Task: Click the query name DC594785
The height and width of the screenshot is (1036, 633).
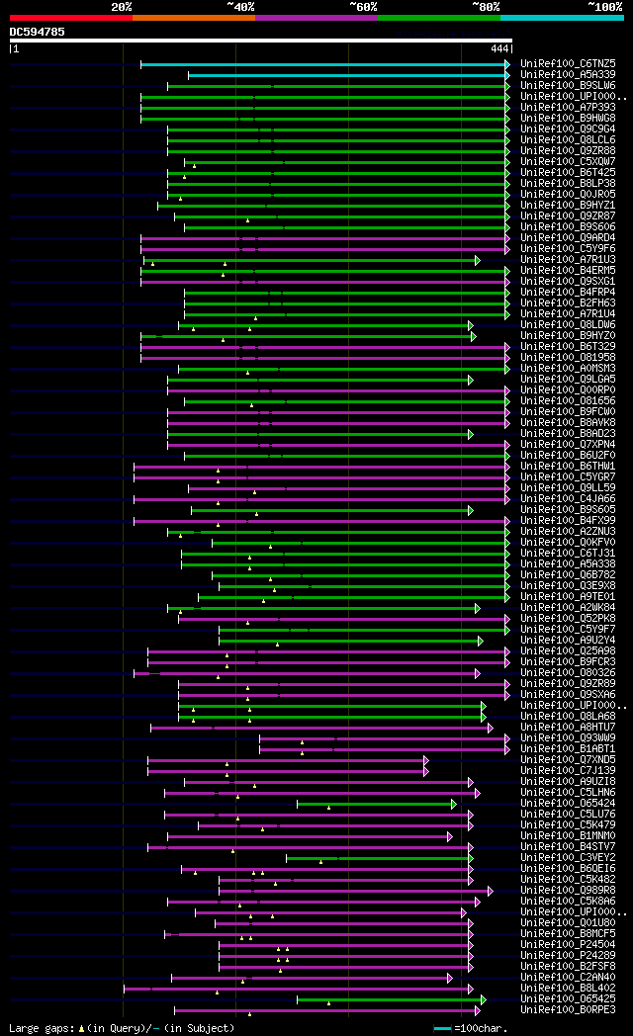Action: point(38,32)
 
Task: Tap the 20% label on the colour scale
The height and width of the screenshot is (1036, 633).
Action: point(122,6)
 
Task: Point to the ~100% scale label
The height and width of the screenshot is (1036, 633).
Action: point(604,6)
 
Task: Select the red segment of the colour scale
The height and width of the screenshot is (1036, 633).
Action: point(70,18)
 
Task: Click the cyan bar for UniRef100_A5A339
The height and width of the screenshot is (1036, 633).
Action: point(346,75)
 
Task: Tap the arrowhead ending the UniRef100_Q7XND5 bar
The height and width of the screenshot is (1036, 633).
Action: point(425,760)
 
